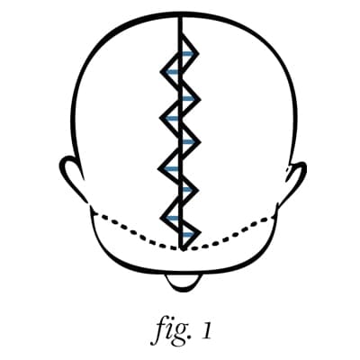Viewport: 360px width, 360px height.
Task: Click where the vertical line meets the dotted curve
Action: [x=181, y=248]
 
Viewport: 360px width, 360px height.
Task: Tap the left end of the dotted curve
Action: [x=94, y=212]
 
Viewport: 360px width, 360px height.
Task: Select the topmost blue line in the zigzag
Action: [x=187, y=54]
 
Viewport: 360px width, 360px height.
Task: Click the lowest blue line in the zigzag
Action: [x=187, y=234]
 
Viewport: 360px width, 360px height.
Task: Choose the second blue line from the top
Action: [x=173, y=72]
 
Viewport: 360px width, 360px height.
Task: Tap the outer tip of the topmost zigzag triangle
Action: [x=198, y=54]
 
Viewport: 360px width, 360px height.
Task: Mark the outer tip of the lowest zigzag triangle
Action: [x=199, y=233]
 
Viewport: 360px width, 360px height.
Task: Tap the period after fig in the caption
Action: [x=193, y=338]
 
